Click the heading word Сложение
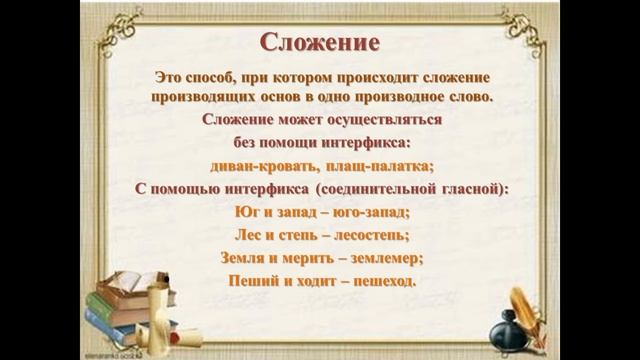coord(319,44)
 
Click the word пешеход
coord(378,280)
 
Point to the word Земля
coord(244,257)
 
